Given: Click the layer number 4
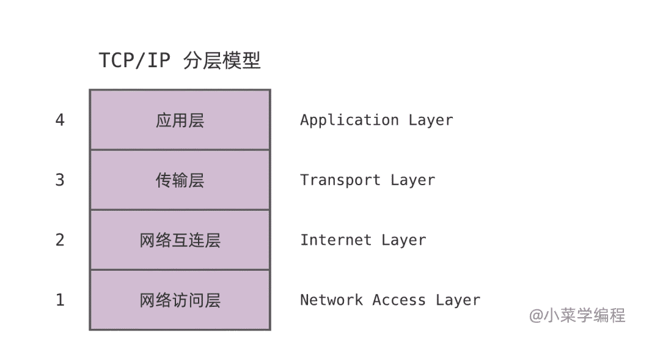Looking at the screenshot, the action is coord(60,120).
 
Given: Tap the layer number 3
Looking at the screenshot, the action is coord(60,180).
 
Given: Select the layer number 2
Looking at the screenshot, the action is coord(60,240).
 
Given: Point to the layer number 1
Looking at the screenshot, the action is coord(60,300).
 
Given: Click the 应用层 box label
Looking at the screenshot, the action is coord(180,120).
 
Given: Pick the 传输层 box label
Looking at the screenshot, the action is coord(180,180).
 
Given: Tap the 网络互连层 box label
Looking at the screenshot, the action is coord(180,240).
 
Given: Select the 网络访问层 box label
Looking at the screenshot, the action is coord(180,300).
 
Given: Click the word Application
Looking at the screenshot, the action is coord(350,120).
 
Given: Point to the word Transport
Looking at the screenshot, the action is coord(340,180).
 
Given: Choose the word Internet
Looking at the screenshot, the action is coord(336,240).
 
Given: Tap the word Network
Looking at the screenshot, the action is coord(331,299).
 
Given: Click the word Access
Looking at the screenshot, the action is coord(399,299).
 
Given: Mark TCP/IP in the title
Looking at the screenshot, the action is coord(134,61).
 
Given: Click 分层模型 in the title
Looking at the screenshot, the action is coord(222,61).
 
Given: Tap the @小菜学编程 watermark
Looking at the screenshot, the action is coord(577,315).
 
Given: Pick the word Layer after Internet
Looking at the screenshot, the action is coord(404,240).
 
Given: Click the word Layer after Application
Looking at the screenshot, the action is coord(431,120).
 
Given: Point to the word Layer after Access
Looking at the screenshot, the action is coord(458,300).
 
